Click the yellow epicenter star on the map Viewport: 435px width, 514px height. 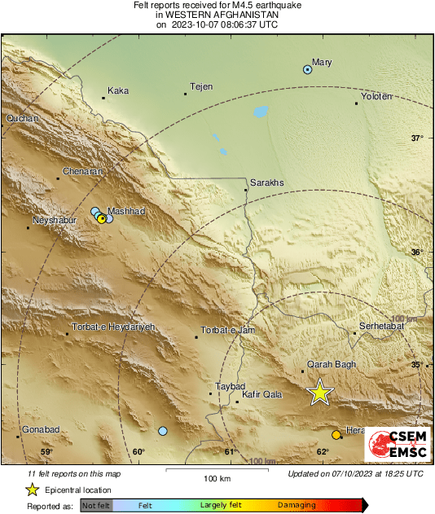click(320, 393)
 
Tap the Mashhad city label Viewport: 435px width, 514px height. click(126, 211)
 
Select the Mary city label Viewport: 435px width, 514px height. click(323, 61)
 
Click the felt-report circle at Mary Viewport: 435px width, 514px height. click(307, 70)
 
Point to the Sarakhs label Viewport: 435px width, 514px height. click(266, 182)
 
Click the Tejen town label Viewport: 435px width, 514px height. click(200, 86)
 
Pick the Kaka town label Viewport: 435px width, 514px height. click(119, 90)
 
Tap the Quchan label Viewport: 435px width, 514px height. click(22, 119)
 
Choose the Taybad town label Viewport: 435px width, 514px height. click(229, 385)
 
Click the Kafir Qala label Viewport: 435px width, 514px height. click(262, 394)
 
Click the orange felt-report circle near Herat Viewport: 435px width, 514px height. click(336, 435)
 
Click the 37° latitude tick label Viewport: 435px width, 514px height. click(416, 138)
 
